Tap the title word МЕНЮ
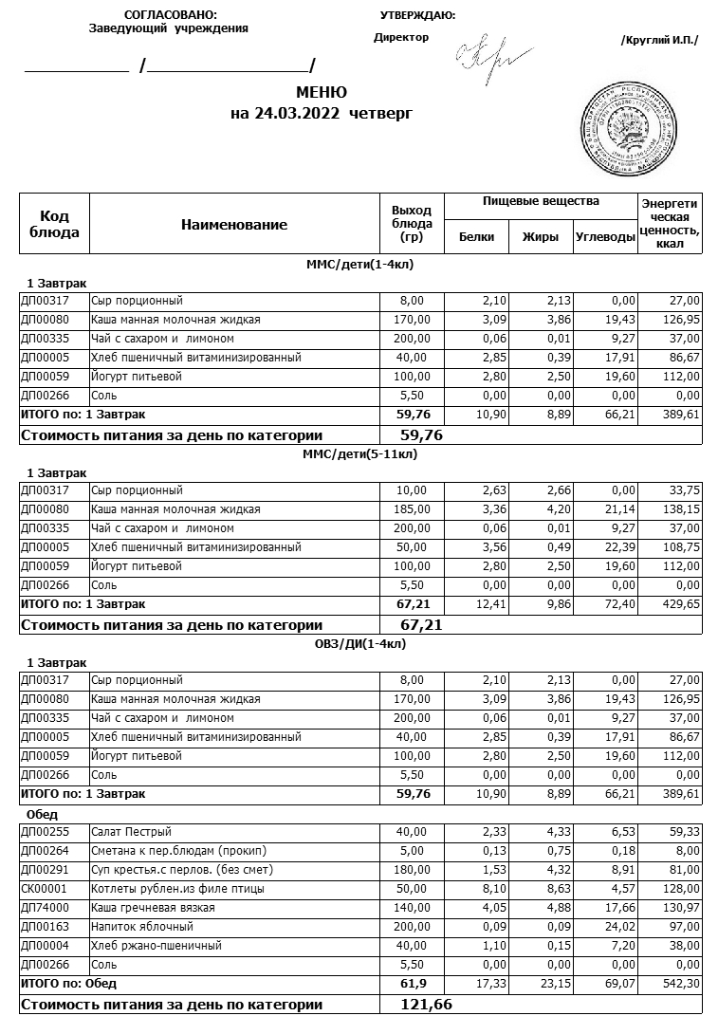[322, 93]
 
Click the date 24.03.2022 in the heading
[299, 114]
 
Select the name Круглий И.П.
[658, 40]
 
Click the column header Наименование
[233, 225]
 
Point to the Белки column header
[476, 237]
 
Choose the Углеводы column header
[605, 237]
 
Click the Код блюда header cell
[55, 225]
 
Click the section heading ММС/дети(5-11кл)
[359, 454]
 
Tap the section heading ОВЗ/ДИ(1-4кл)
[359, 644]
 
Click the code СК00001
[44, 889]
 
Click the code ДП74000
[44, 908]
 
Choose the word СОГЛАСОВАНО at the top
[171, 15]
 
